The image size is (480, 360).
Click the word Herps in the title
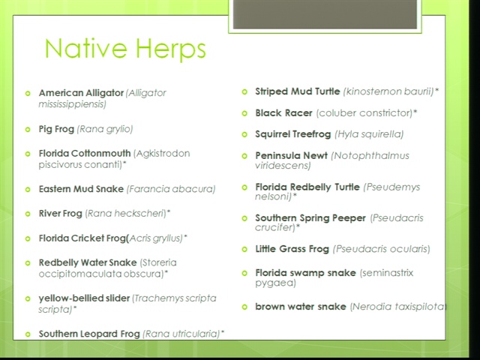pos(171,49)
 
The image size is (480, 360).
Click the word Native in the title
pos(85,48)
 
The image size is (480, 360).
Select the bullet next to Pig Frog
pos(28,130)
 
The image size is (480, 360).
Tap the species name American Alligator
pos(81,93)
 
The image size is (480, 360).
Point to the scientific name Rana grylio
pos(105,129)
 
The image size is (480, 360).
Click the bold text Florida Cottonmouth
pos(85,153)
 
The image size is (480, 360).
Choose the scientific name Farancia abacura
pos(171,189)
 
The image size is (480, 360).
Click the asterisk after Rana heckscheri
pos(169,211)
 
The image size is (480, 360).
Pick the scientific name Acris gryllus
pos(156,238)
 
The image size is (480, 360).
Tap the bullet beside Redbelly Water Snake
pos(28,263)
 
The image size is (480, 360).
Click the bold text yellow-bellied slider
pos(84,298)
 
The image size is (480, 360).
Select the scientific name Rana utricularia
pos(181,334)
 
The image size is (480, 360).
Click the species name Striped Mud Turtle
pos(298,91)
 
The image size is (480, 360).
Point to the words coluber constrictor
pos(364,113)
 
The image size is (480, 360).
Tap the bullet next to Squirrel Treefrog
pos(244,134)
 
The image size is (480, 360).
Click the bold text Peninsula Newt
pos(292,155)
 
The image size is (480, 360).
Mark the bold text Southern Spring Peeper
pos(310,218)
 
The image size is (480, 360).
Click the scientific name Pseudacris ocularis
pos(382,249)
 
